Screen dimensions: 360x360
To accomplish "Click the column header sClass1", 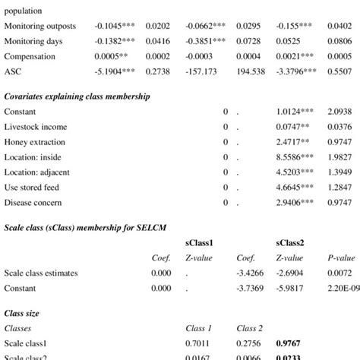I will [x=200, y=242].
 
